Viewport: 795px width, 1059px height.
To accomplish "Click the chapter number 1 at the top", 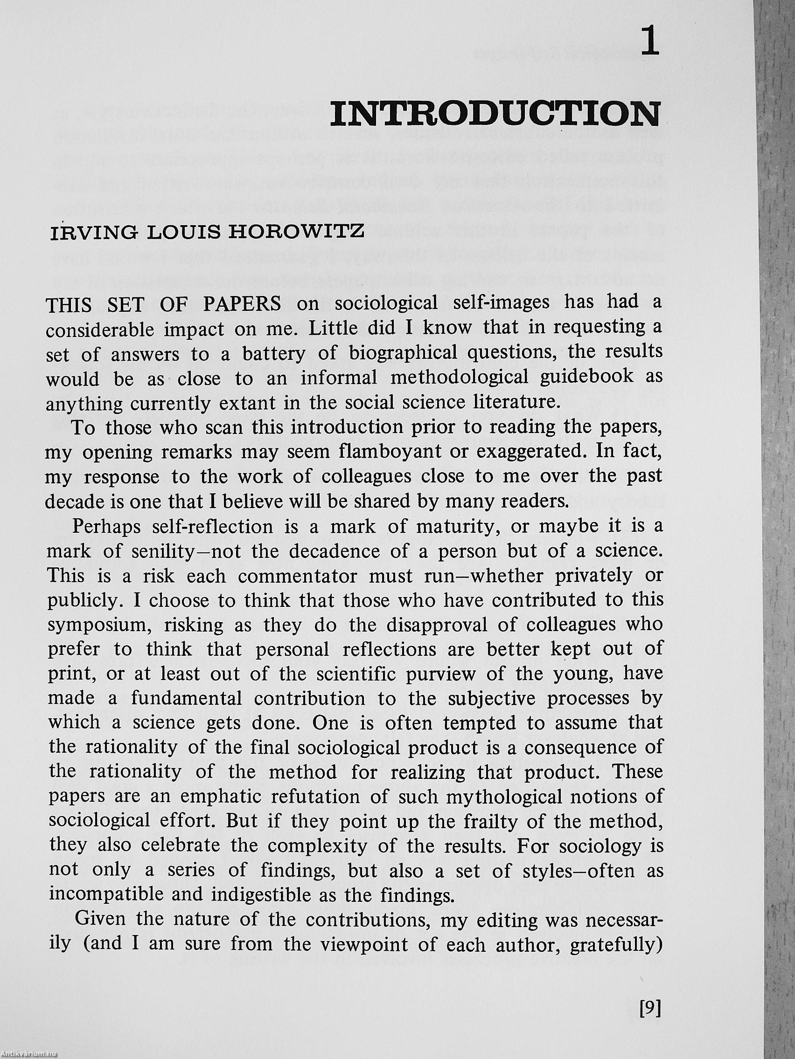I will (x=649, y=43).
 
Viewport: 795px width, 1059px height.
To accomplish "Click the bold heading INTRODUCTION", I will (x=495, y=114).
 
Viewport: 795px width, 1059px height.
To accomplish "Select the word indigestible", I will (x=263, y=895).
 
